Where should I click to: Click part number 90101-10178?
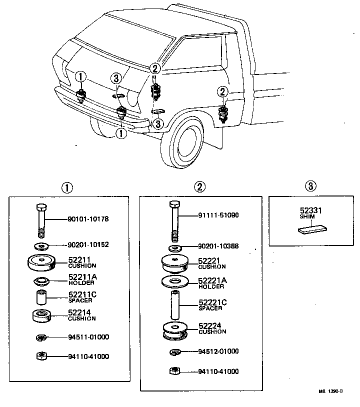(x=88, y=219)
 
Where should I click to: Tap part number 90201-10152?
(x=88, y=245)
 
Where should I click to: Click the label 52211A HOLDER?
(x=82, y=279)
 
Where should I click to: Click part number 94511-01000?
(x=88, y=337)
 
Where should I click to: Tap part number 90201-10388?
(x=218, y=246)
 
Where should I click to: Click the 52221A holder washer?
(x=174, y=281)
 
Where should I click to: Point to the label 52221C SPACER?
(x=212, y=304)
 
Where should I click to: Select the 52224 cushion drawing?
(x=174, y=331)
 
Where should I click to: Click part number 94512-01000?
(x=218, y=351)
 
